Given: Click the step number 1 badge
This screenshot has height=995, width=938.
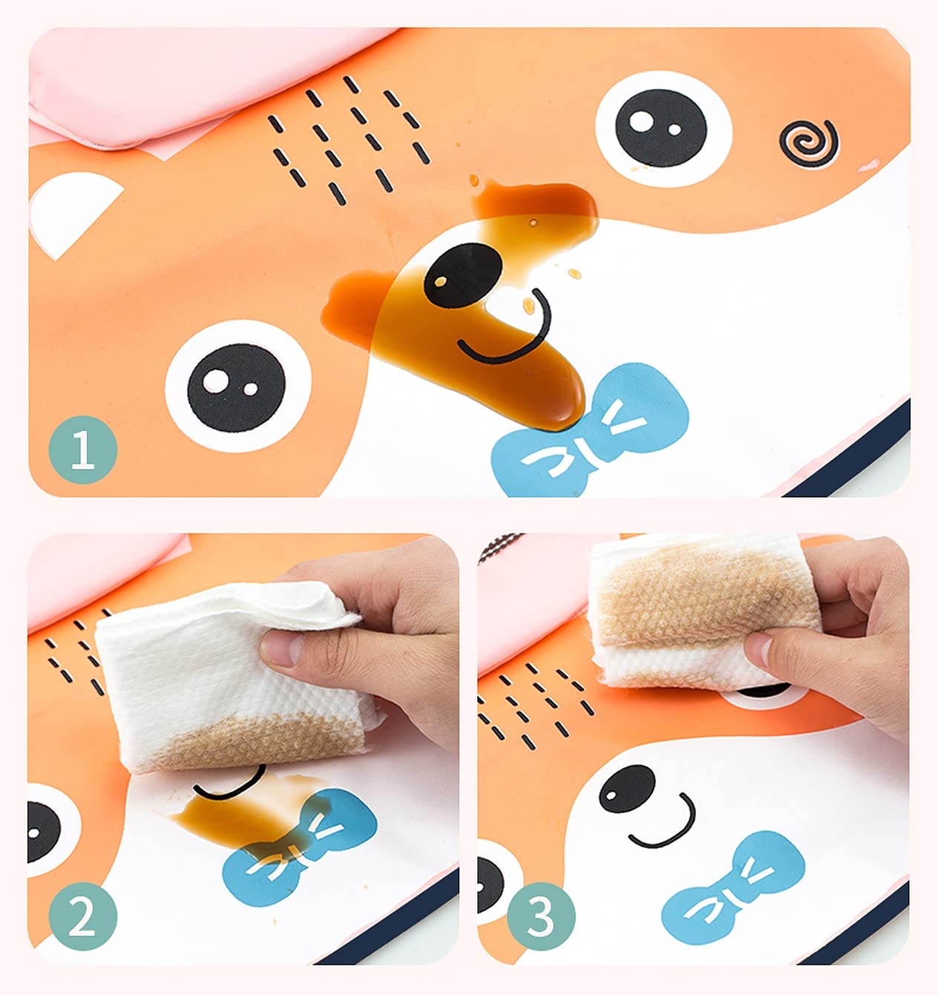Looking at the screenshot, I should pos(82,450).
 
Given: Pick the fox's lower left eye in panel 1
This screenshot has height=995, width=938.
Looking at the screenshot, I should pos(235,379).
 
